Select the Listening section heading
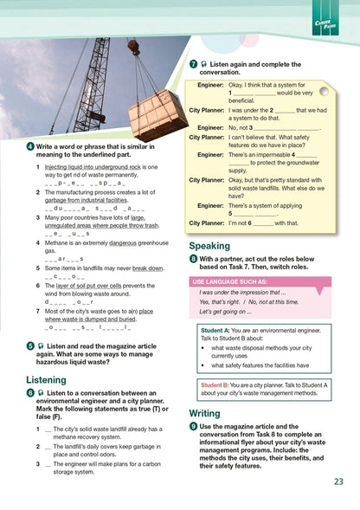[46, 380]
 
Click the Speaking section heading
[209, 246]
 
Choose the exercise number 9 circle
[193, 427]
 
